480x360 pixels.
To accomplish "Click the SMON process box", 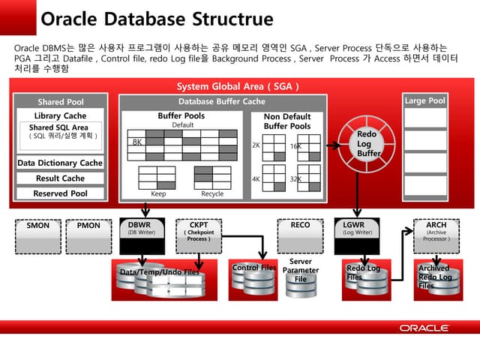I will click(38, 225).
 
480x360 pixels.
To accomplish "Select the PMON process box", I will click(88, 225).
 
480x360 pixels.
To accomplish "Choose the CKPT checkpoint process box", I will click(199, 229).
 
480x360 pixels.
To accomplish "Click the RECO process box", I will click(300, 225).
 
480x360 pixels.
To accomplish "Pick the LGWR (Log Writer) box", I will click(357, 228).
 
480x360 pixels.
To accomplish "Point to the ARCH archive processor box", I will click(436, 229).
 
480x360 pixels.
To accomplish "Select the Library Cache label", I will click(61, 116).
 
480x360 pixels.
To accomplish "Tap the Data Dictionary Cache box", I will click(61, 163).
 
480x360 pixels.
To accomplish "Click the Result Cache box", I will click(61, 178).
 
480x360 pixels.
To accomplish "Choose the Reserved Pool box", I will click(61, 193).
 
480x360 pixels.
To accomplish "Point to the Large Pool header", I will click(424, 100).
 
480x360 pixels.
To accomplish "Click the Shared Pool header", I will click(61, 102).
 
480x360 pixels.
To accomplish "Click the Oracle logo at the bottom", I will click(424, 328).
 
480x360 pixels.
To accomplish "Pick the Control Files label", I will click(254, 268).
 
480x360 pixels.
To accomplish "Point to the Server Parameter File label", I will click(301, 270).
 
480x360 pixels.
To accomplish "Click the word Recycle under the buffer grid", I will click(212, 193).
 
